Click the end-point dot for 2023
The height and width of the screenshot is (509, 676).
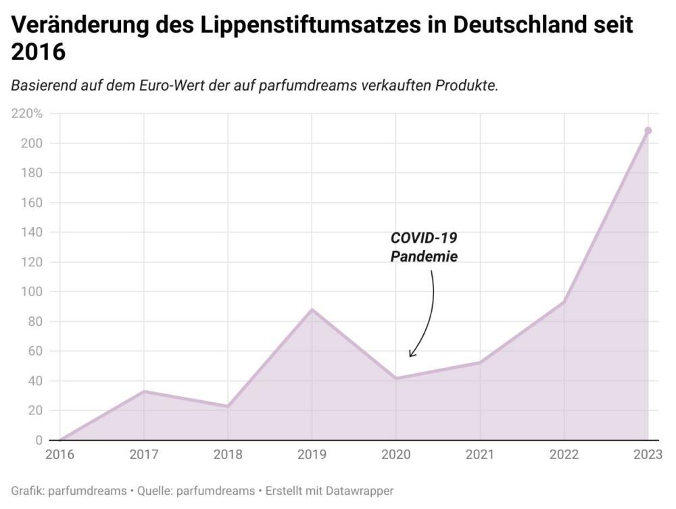[648, 130]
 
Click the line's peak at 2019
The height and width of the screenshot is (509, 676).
[312, 310]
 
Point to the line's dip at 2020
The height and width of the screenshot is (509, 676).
[396, 379]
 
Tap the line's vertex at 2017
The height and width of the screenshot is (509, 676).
[143, 391]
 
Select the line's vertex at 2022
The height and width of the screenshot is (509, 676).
[564, 301]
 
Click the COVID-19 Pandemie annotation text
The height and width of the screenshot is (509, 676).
[424, 247]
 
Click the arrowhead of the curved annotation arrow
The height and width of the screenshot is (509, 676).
[410, 355]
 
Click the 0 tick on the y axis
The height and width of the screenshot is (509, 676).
[39, 441]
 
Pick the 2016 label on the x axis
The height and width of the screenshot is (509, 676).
[59, 455]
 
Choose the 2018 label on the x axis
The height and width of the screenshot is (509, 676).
[228, 455]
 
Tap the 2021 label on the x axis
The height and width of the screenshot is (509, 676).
[480, 455]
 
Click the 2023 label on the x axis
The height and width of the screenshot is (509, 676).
[647, 455]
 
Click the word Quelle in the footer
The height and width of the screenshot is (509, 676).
[154, 491]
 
